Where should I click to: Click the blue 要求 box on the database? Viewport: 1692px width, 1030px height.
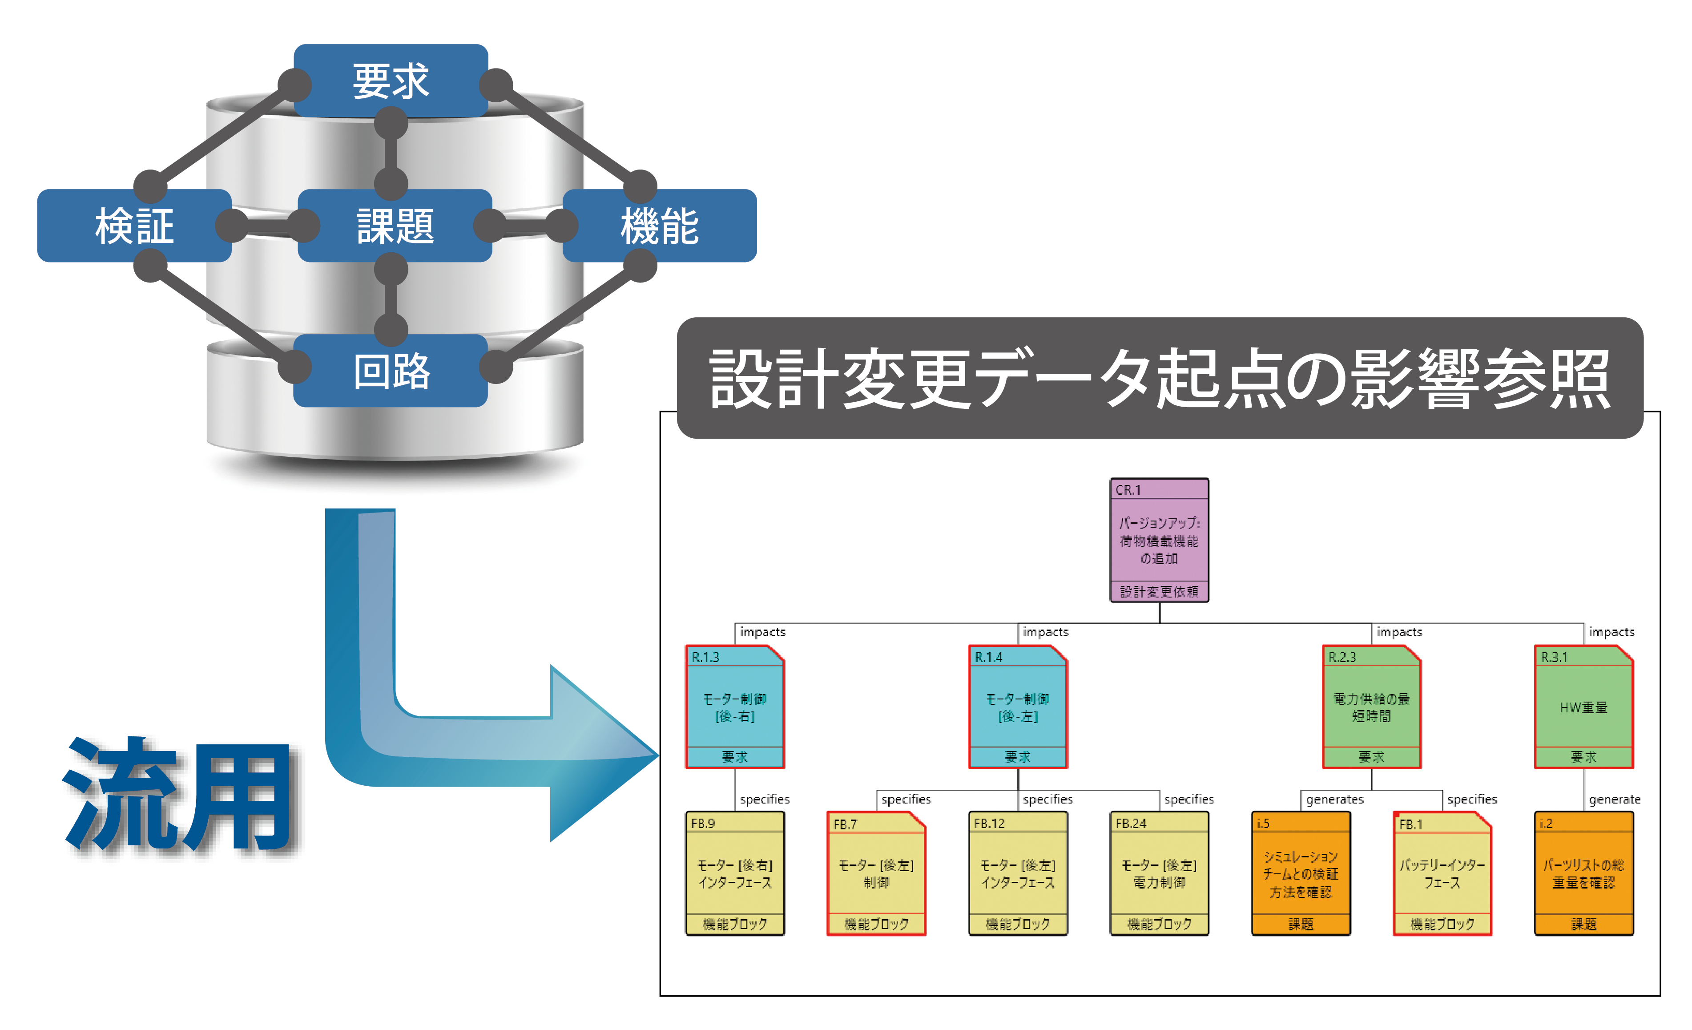(x=391, y=81)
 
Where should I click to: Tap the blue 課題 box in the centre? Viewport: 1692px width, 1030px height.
(x=395, y=225)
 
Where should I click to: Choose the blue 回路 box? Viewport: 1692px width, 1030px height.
(x=391, y=371)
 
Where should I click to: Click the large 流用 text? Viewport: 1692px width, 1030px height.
(x=180, y=796)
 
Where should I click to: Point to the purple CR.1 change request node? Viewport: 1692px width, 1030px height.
(x=1159, y=541)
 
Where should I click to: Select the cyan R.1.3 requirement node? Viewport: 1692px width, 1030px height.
(x=735, y=707)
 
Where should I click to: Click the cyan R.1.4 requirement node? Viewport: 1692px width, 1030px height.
(x=1018, y=707)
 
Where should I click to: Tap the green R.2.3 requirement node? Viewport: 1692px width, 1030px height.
(x=1371, y=707)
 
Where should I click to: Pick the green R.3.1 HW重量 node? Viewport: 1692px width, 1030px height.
(x=1583, y=707)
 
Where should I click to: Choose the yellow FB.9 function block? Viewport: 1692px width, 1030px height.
(x=735, y=873)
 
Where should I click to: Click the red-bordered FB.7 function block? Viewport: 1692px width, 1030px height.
(x=876, y=873)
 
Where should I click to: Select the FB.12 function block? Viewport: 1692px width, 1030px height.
(x=1018, y=873)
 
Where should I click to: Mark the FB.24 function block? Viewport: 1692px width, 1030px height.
(x=1159, y=873)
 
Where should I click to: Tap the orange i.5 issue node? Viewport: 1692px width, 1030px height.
(x=1301, y=873)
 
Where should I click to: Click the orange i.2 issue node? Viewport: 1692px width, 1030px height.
(x=1583, y=873)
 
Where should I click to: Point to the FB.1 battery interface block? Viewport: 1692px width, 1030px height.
(x=1442, y=873)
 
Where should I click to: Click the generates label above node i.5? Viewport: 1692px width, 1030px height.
(x=1334, y=799)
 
